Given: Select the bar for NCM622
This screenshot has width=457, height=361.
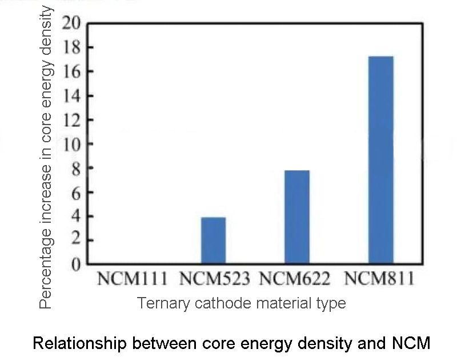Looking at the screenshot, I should click(297, 217).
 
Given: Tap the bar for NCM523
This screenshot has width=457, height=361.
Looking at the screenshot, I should click(213, 240).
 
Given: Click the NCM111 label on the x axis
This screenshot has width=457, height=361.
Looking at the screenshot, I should click(133, 279).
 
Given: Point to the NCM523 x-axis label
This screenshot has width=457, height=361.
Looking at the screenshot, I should click(215, 279).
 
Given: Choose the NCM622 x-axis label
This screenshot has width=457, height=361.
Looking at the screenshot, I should click(295, 279).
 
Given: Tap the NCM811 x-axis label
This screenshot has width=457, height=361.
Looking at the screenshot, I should click(379, 279).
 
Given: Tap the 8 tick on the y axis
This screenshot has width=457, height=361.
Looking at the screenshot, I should click(75, 169).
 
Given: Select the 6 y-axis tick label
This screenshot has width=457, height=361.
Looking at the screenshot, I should click(75, 192).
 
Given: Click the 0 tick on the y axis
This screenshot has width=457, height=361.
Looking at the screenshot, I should click(75, 264).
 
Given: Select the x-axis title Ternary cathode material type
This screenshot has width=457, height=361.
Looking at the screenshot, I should click(241, 302).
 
